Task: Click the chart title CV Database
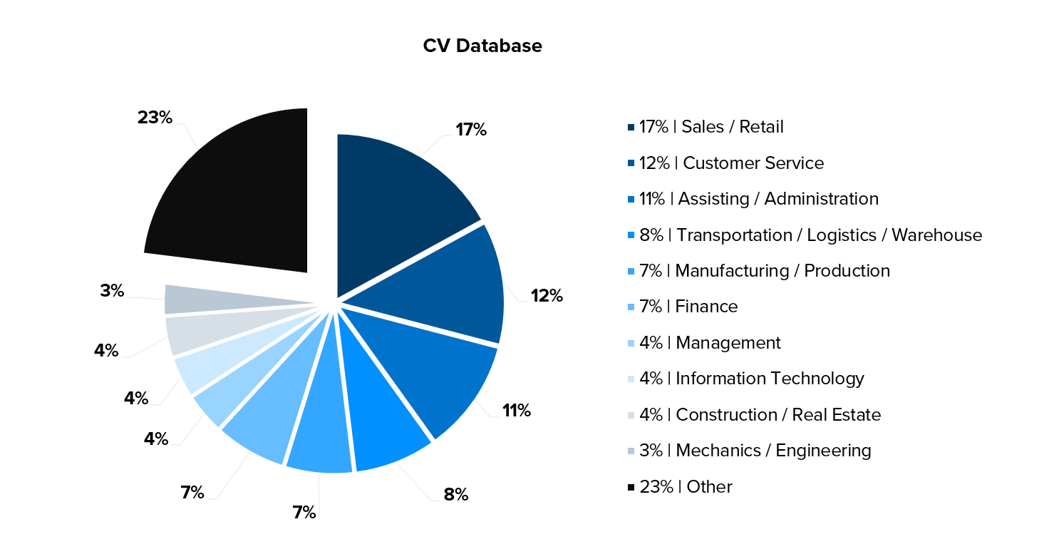point(482,46)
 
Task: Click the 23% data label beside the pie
point(155,118)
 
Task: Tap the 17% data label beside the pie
point(470,130)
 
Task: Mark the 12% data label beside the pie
point(547,296)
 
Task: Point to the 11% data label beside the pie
point(516,411)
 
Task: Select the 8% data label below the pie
point(456,494)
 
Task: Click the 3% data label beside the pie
point(113,291)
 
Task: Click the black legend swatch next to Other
point(631,487)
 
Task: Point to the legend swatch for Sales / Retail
point(631,128)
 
